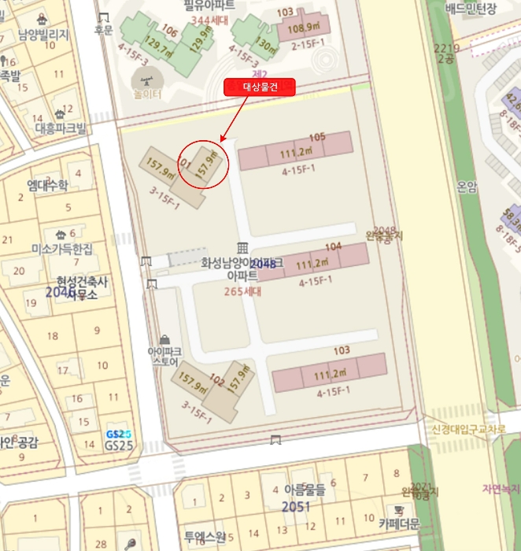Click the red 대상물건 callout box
pyautogui.click(x=260, y=87)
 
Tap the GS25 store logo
pyautogui.click(x=118, y=435)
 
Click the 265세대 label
pyautogui.click(x=242, y=290)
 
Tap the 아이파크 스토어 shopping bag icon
pyautogui.click(x=163, y=338)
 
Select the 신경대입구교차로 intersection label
pyautogui.click(x=467, y=429)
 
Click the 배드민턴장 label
pyautogui.click(x=471, y=9)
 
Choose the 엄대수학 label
pyautogui.click(x=47, y=186)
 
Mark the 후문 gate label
pyautogui.click(x=104, y=31)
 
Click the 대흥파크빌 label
pyautogui.click(x=61, y=128)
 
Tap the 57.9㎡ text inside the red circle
pyautogui.click(x=207, y=166)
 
